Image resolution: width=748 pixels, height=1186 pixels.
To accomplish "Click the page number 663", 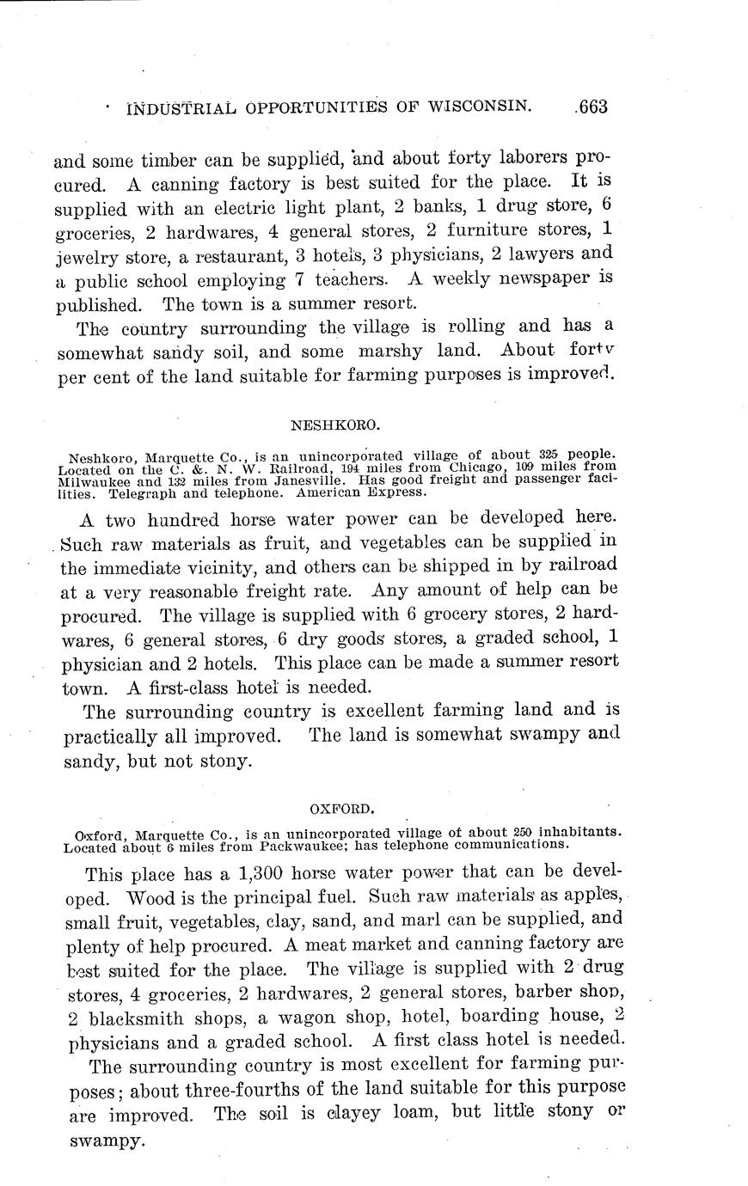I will [592, 107].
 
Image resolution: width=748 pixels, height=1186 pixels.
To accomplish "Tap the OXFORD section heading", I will [340, 808].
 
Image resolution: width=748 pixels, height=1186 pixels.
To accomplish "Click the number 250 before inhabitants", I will [521, 833].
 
